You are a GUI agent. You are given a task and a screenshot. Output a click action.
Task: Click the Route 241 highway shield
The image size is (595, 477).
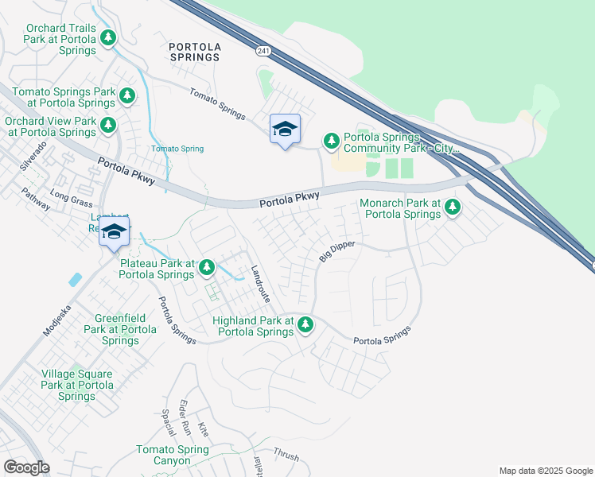tap(262, 51)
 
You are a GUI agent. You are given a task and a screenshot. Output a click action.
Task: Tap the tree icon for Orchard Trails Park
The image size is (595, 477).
tap(108, 37)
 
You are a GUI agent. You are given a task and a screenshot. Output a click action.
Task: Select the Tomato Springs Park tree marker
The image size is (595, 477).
tap(127, 96)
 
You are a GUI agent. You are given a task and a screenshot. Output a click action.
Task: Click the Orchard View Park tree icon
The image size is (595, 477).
tap(108, 125)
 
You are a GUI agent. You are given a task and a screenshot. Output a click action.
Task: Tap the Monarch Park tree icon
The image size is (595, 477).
tap(453, 207)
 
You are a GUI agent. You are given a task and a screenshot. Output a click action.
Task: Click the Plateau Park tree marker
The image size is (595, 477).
tap(207, 267)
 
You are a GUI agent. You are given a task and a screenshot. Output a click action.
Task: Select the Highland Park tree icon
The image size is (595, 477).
tap(305, 324)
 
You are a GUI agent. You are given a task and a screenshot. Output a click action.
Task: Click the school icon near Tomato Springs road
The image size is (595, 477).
tap(285, 129)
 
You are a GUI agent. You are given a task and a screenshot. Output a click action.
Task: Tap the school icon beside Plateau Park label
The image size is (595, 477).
tap(114, 231)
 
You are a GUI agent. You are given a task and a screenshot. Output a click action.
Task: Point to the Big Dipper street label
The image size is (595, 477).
tap(336, 252)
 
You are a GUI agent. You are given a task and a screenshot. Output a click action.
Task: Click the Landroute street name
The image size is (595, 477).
tap(260, 284)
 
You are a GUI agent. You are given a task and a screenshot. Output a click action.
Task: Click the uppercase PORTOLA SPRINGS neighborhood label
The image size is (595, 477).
tap(195, 52)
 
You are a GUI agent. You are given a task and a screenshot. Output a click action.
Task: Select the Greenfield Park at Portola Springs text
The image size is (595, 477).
tap(120, 329)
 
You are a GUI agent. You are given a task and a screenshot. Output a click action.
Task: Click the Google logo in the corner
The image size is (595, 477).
tap(26, 467)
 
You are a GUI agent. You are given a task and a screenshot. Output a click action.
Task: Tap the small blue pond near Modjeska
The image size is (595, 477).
tap(75, 280)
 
